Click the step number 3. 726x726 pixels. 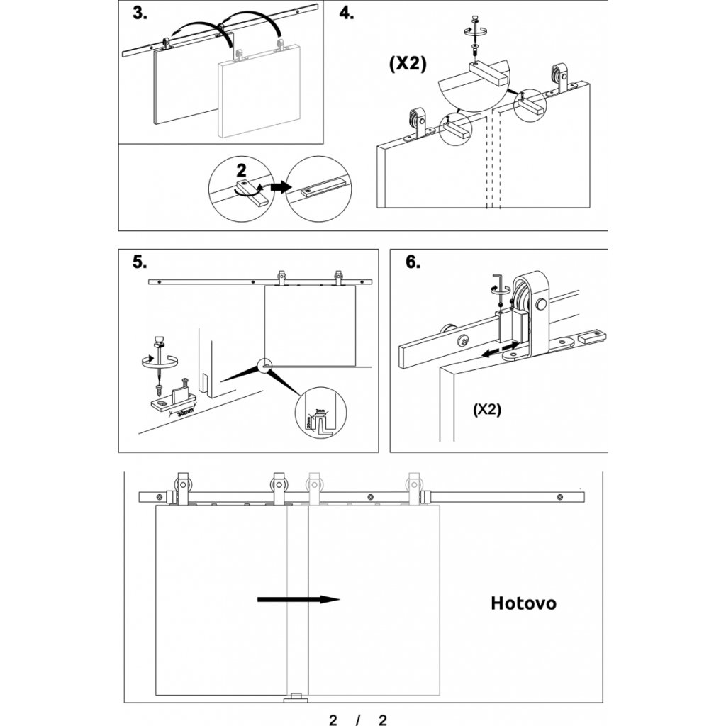click(139, 13)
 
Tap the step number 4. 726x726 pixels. click(347, 14)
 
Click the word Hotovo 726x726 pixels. click(523, 603)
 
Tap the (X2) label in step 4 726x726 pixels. click(408, 63)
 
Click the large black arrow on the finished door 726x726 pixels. click(298, 600)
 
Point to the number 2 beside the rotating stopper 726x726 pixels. click(241, 170)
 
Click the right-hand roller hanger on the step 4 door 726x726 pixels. click(562, 79)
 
